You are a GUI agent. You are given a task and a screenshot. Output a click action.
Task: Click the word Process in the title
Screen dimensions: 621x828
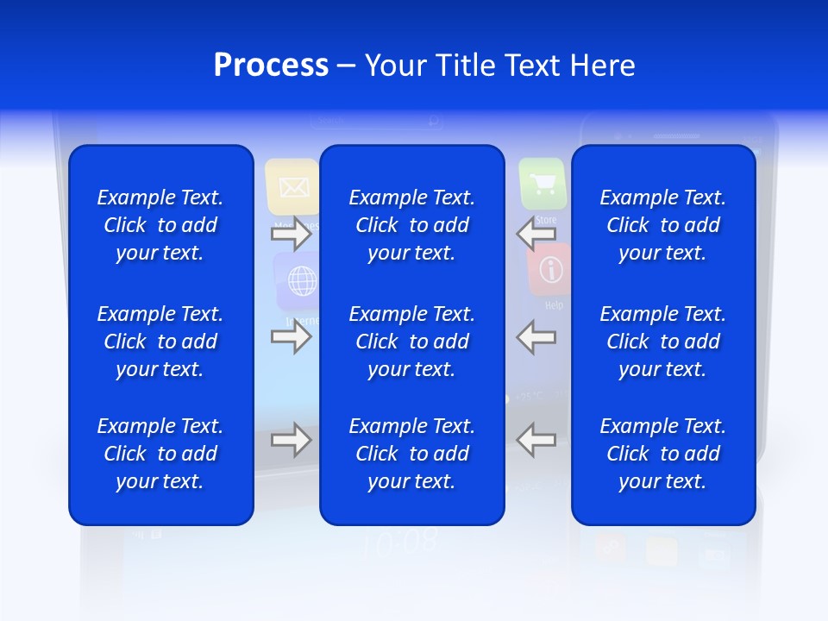[x=271, y=66]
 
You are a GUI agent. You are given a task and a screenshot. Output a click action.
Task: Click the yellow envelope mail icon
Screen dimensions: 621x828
[x=292, y=186]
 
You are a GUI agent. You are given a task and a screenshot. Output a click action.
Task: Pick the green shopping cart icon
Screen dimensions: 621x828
[x=543, y=184]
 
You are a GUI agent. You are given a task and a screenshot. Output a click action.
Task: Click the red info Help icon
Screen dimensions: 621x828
[x=549, y=269]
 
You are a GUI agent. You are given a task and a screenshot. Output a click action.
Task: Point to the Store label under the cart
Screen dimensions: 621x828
[x=546, y=220]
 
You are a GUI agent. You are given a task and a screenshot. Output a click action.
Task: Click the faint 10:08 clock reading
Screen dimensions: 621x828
[x=399, y=543]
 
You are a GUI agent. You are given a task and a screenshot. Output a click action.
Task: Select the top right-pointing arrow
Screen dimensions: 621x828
[x=292, y=234]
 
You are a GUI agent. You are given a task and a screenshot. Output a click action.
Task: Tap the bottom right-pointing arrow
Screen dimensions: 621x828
[x=292, y=440]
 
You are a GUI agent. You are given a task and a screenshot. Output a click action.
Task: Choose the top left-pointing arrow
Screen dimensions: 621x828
[x=536, y=234]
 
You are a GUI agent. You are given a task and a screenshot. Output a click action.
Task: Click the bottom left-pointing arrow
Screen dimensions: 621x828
[x=536, y=440]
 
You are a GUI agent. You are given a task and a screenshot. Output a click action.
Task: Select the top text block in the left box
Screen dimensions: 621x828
[x=160, y=225]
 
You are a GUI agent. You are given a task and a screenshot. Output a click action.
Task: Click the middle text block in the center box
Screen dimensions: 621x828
[x=411, y=342]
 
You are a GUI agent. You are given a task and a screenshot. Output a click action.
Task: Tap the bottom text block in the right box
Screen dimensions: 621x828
[x=662, y=454]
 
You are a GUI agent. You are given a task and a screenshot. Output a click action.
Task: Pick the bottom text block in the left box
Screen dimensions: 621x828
[x=160, y=454]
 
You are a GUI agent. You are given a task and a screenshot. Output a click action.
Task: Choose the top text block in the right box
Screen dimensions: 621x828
[x=662, y=225]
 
